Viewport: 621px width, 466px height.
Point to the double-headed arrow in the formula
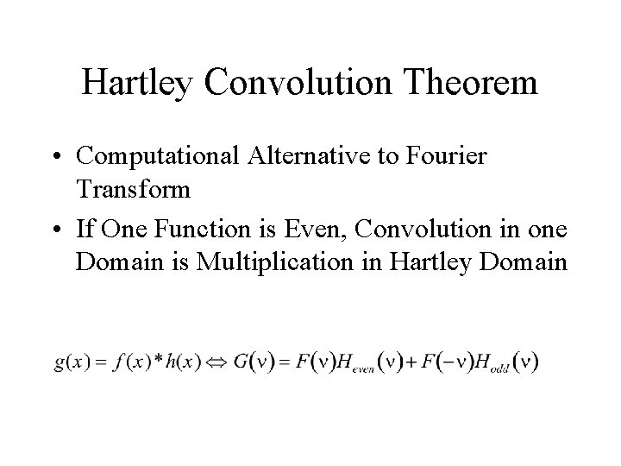[212, 362]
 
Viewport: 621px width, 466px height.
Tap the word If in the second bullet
[85, 229]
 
